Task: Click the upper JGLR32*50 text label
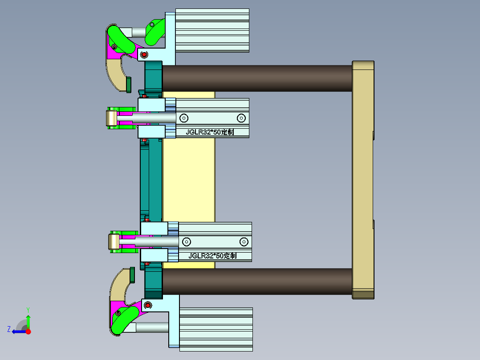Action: pos(209,132)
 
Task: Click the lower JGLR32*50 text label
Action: pos(212,256)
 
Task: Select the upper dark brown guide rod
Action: pos(257,78)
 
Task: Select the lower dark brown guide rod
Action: pos(257,281)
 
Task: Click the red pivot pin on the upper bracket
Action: pos(143,55)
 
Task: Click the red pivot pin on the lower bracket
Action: pos(147,305)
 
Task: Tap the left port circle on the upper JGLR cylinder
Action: pos(183,118)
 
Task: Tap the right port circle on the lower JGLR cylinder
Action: pos(244,241)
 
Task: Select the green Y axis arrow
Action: pos(28,320)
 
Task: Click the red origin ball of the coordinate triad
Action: pos(28,331)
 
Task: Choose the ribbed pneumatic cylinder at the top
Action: pos(212,30)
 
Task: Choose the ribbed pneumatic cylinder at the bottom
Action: pos(216,329)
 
